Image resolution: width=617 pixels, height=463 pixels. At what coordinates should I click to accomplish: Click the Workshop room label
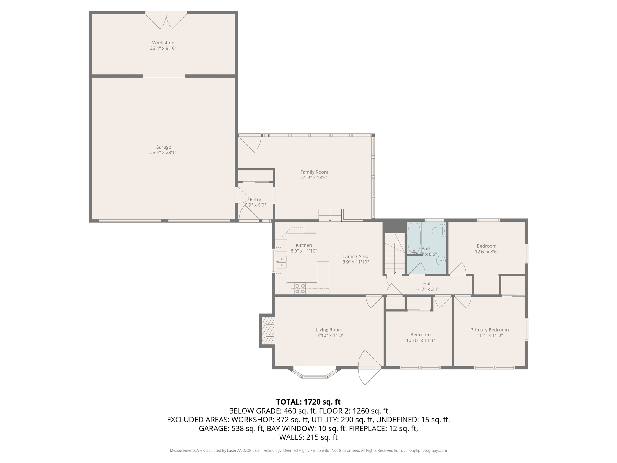coord(163,43)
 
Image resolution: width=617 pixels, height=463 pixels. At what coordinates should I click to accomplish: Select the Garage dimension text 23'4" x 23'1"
coord(163,153)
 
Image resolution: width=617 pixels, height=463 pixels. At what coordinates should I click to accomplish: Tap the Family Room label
coord(314,172)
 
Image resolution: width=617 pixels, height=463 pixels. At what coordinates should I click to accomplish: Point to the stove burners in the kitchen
coord(300,288)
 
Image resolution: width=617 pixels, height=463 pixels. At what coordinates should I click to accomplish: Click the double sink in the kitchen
coord(281,262)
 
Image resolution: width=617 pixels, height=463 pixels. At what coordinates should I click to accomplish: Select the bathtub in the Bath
coord(414,238)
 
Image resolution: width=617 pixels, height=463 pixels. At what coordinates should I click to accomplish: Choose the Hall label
coord(427,284)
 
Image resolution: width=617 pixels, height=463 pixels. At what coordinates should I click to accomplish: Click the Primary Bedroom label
coord(489,330)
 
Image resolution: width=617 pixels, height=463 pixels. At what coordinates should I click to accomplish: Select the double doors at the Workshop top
coord(166,20)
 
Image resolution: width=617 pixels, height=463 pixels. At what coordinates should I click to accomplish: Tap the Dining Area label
coord(355,257)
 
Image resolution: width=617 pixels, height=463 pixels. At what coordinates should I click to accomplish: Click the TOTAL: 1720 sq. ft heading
coord(308,402)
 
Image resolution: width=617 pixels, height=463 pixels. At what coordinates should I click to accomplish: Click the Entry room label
coord(255,200)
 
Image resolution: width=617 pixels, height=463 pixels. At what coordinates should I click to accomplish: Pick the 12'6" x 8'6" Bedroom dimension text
coord(487,252)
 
